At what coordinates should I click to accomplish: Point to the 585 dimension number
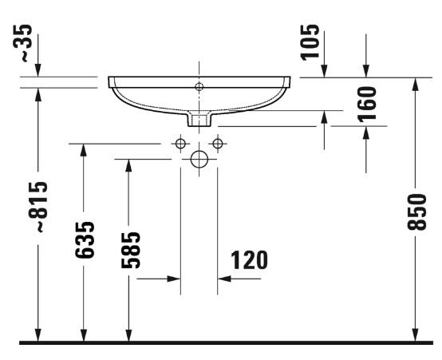[129, 250]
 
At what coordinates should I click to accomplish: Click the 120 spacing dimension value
[249, 260]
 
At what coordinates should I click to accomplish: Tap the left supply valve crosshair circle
[180, 144]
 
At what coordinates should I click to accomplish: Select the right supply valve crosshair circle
[216, 144]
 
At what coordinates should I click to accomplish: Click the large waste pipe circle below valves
[199, 159]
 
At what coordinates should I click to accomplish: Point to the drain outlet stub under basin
[199, 120]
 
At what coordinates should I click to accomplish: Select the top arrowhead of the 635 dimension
[84, 150]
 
